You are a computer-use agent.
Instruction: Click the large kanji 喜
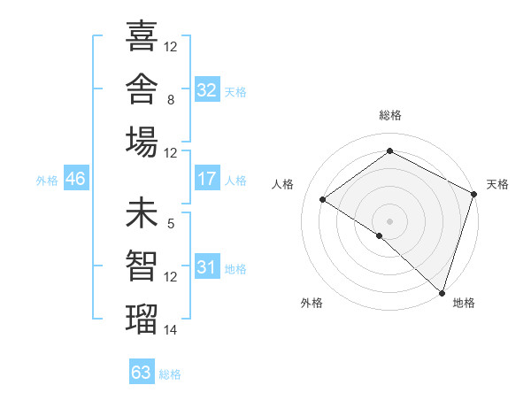coord(142,35)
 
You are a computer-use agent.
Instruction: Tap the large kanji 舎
coord(142,89)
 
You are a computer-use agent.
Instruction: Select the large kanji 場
coord(142,142)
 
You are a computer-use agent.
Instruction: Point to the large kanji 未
coord(142,212)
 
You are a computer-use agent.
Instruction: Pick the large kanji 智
coord(142,266)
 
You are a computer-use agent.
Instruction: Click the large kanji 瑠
coord(142,319)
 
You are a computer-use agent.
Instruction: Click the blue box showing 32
coord(207,89)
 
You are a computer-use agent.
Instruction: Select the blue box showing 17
coord(207,178)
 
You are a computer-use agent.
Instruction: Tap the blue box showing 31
coord(207,266)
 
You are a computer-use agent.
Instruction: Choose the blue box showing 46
coord(76,178)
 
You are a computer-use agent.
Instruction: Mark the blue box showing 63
coord(142,371)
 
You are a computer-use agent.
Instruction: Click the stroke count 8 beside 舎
coord(171,100)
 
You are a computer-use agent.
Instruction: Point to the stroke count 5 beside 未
coord(171,224)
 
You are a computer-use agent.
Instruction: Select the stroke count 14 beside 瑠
coord(170,330)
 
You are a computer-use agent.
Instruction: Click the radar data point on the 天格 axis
coord(473,194)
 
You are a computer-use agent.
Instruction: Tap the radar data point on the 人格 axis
coord(323,199)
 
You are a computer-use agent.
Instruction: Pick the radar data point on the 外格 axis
coord(380,235)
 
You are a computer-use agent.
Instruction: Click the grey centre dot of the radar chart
coord(389,221)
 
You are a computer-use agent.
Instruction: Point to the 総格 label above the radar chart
coord(390,115)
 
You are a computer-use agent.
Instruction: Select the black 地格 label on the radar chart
coord(464,303)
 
